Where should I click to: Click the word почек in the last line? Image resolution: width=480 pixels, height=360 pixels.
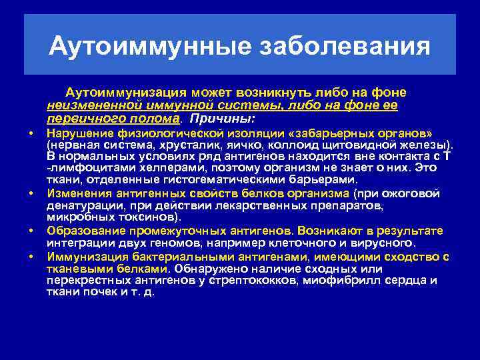pos(96,293)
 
